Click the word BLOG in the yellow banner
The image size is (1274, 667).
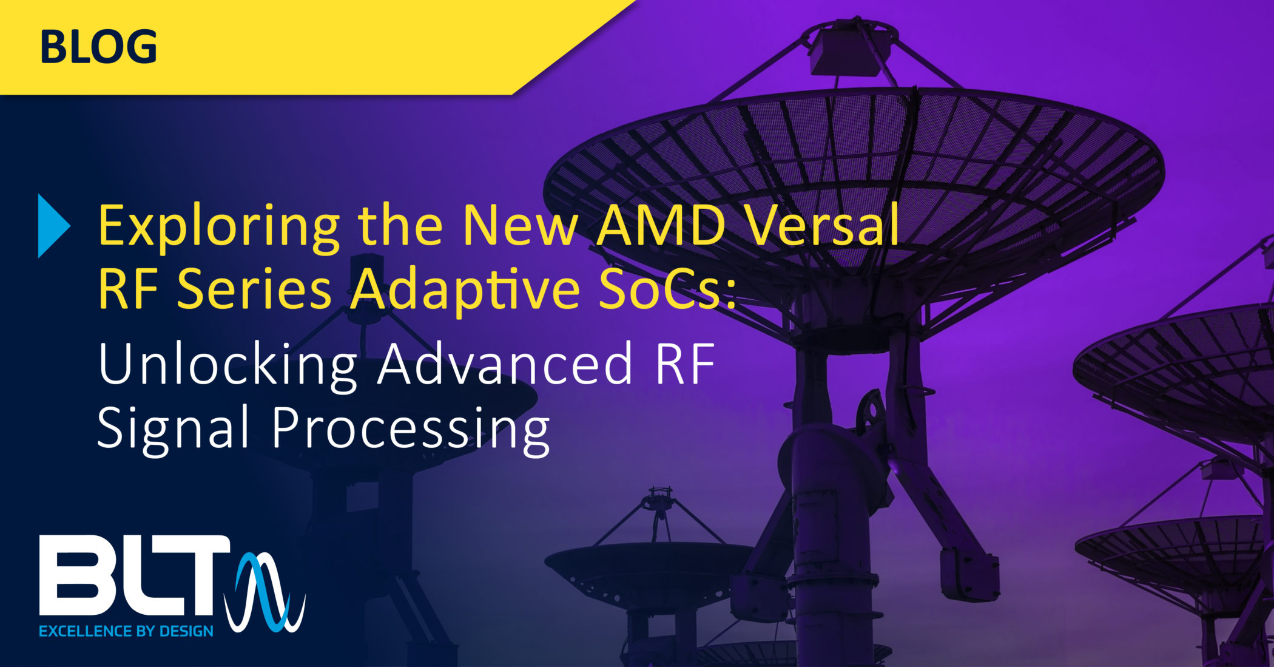[x=98, y=47]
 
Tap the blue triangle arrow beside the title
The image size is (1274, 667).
[x=53, y=226]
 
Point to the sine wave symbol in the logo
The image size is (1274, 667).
[x=265, y=592]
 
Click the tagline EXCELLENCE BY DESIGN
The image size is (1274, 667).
[x=126, y=631]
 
